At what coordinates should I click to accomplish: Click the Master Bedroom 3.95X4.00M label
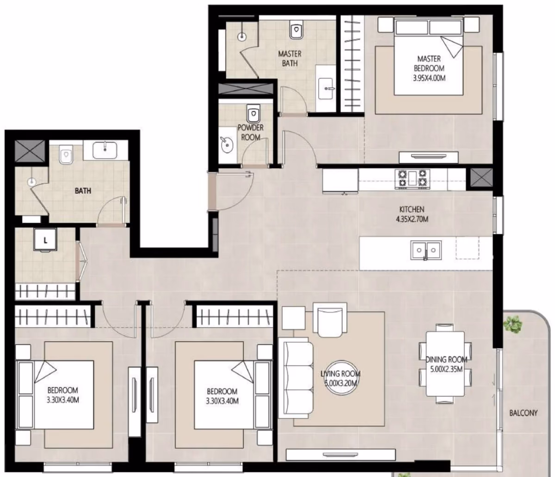click(429, 68)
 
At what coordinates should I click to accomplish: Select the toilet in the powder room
click(253, 114)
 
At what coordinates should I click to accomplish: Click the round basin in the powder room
click(227, 145)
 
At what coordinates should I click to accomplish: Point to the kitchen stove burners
click(412, 179)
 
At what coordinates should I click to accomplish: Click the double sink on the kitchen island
click(426, 250)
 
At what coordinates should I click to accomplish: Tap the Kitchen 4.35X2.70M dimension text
click(412, 214)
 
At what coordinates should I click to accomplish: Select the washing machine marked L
click(45, 240)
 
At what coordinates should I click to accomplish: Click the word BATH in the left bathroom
click(83, 191)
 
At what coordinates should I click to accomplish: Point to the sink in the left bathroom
click(105, 150)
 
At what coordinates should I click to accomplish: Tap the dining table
click(445, 364)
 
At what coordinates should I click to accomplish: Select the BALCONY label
click(523, 413)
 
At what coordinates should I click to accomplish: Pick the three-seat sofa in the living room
click(296, 378)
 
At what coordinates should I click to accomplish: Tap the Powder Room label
click(251, 133)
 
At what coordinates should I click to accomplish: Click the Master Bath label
click(290, 59)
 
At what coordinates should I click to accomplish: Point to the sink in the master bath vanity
click(326, 88)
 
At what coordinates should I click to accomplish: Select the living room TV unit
click(340, 455)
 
